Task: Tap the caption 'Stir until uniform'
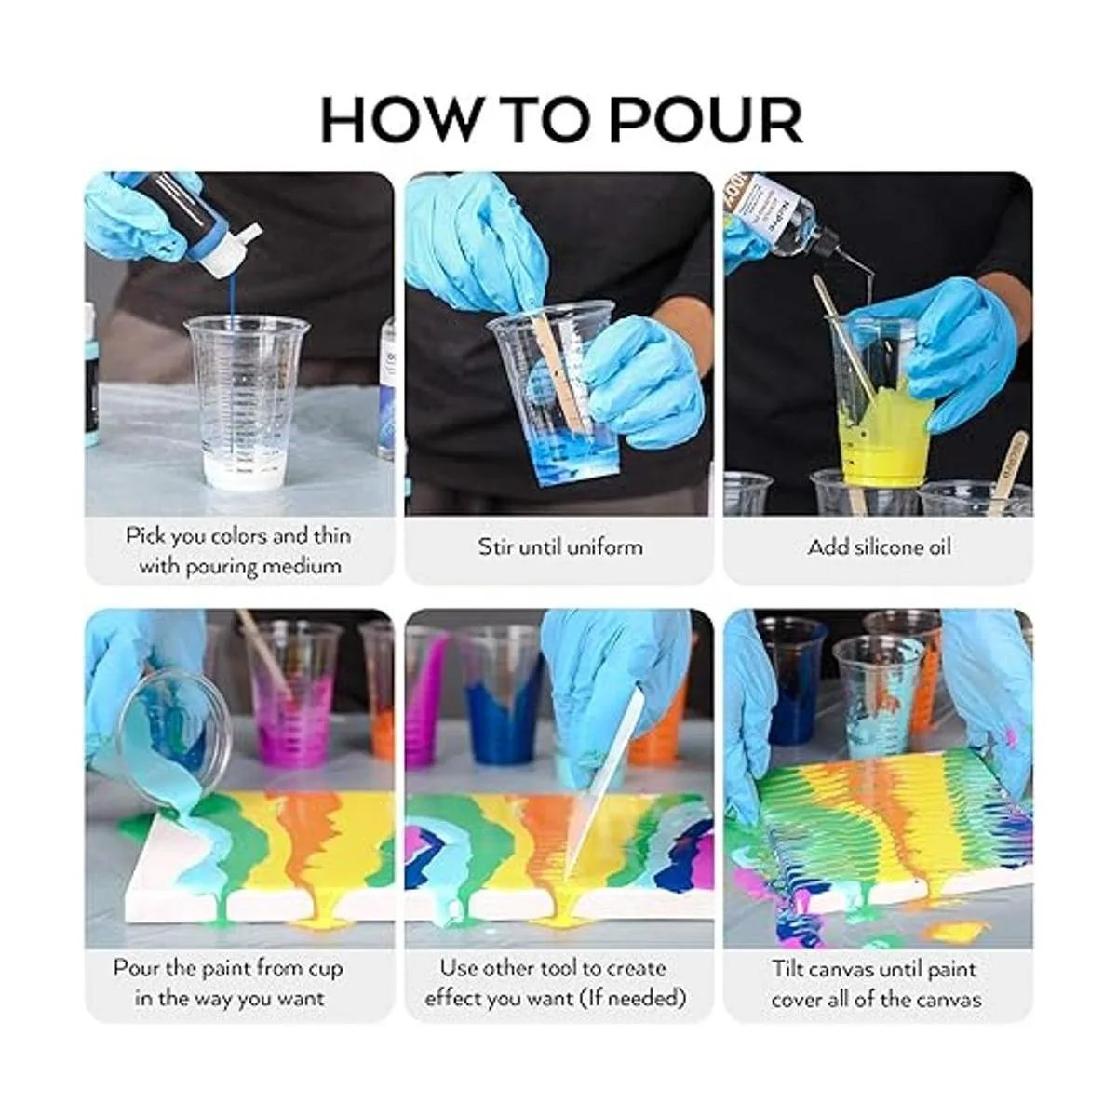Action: [x=560, y=546]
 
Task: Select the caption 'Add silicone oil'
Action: [x=880, y=546]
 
